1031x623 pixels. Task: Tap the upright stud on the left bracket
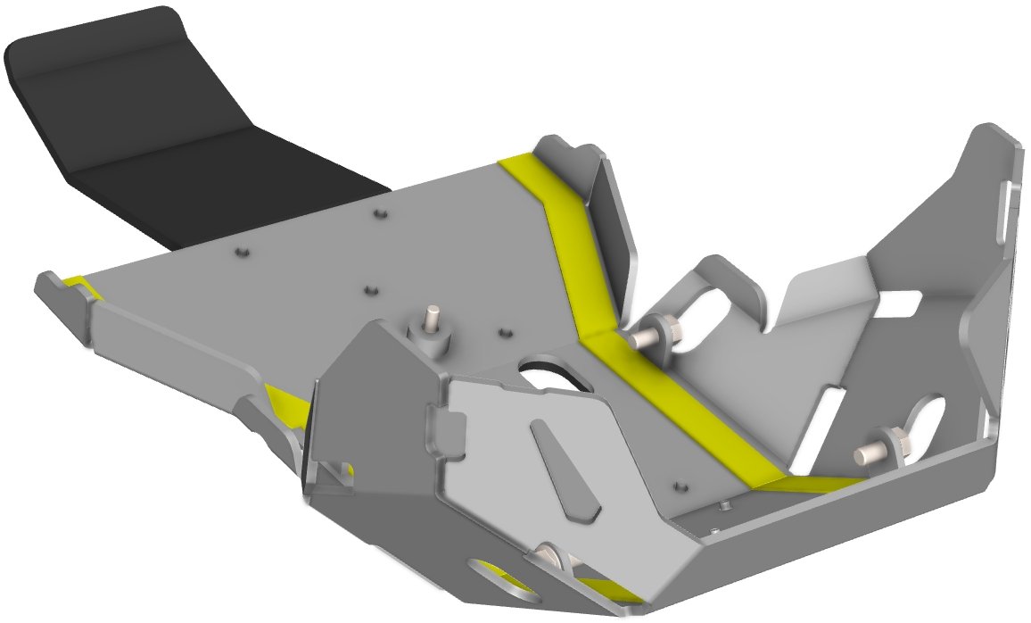(433, 317)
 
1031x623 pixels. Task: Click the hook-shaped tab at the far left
(62, 303)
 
